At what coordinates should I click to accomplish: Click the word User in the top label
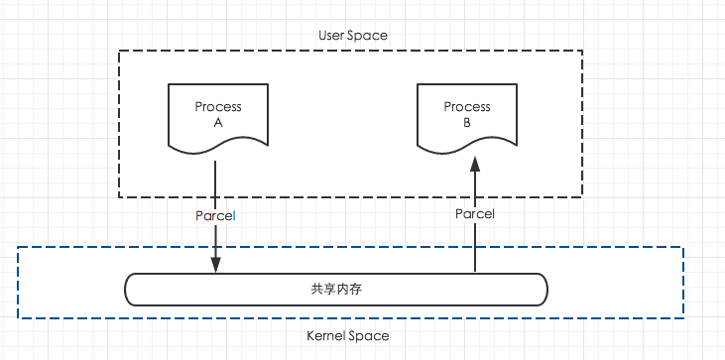pos(332,35)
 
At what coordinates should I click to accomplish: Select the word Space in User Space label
pos(368,35)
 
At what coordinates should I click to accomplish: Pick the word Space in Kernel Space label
pos(369,336)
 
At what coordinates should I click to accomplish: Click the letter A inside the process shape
pos(216,123)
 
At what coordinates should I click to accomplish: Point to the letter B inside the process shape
pos(466,123)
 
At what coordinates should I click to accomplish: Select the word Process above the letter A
pos(216,107)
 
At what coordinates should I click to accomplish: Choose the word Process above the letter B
pos(466,107)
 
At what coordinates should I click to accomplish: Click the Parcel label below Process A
pos(217,214)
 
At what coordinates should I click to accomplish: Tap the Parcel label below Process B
pos(475,214)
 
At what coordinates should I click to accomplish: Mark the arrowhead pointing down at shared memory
pos(216,265)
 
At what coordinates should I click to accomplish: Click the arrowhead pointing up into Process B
pos(475,165)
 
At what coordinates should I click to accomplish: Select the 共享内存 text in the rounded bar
pos(336,289)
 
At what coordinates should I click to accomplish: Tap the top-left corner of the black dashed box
pos(120,51)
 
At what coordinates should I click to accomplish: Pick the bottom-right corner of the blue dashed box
pos(685,318)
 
